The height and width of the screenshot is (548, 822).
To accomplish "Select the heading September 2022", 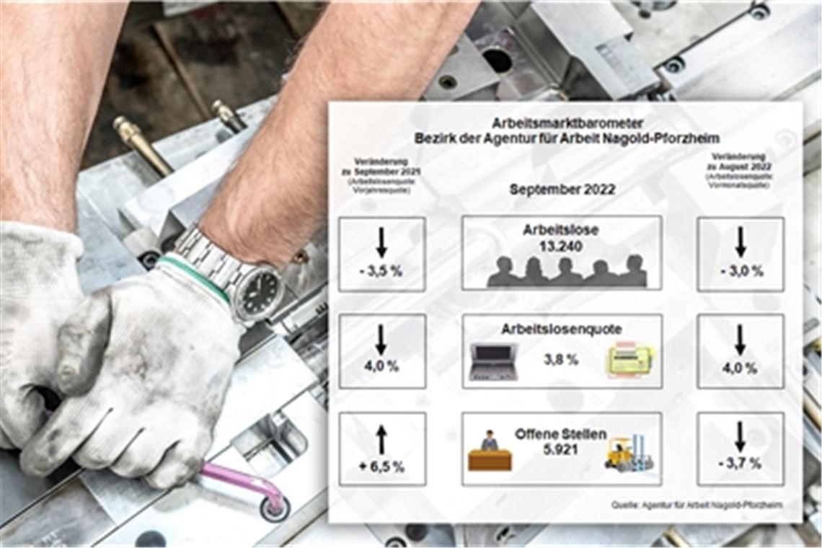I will pyautogui.click(x=562, y=190).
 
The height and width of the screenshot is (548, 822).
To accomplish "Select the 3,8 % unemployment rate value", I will pyautogui.click(x=561, y=359).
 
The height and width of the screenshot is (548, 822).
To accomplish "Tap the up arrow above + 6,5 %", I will pyautogui.click(x=381, y=439).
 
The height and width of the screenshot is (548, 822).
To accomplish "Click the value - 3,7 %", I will pyautogui.click(x=741, y=464).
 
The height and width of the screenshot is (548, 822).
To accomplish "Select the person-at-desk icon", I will pyautogui.click(x=490, y=452).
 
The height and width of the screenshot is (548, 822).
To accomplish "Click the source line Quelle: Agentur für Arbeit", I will pyautogui.click(x=697, y=505).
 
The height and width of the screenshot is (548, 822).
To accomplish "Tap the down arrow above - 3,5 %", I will pyautogui.click(x=381, y=243).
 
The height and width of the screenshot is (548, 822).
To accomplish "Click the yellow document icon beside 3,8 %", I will pyautogui.click(x=629, y=359).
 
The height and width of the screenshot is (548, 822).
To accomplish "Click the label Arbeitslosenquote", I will pyautogui.click(x=562, y=330).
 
